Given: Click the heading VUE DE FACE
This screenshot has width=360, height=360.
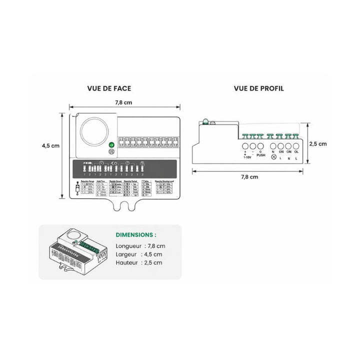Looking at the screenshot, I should coord(109,88).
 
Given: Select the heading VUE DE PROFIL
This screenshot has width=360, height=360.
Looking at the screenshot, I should coord(258,88).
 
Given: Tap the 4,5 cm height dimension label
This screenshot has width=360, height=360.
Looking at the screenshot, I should coord(50,145).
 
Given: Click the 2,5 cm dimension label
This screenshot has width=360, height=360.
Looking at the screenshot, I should coord(317,143).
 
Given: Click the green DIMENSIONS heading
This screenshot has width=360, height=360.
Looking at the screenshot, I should coord(135,234).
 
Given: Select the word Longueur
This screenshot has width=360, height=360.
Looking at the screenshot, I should coord(128,246).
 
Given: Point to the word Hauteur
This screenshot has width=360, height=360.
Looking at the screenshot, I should coord(127,262).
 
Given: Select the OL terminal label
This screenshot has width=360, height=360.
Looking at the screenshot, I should coord(296,151).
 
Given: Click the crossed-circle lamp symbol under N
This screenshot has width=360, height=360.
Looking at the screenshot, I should coord(273,157).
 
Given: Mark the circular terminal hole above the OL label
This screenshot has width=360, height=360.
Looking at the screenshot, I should coord(296,146).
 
